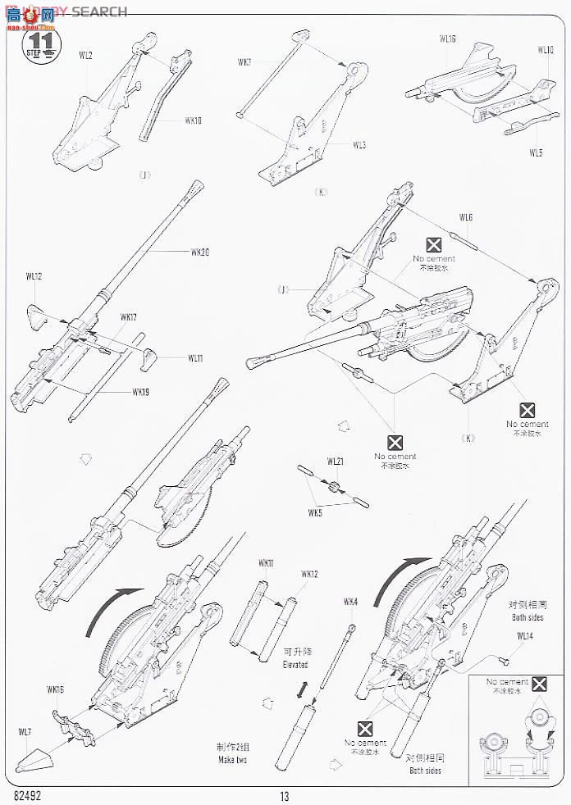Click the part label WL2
pos(85,56)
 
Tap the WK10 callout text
pos(193,121)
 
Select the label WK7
pos(244,62)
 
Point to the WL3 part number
pos(359,145)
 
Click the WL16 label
pos(447,39)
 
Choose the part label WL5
pos(536,152)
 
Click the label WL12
pos(34,276)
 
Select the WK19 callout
pos(140,391)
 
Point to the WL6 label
pos(466,217)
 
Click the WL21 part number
pos(335,462)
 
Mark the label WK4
pos(350,602)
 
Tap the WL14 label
pos(524,635)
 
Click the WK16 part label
pos(56,689)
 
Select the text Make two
pos(232,760)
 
